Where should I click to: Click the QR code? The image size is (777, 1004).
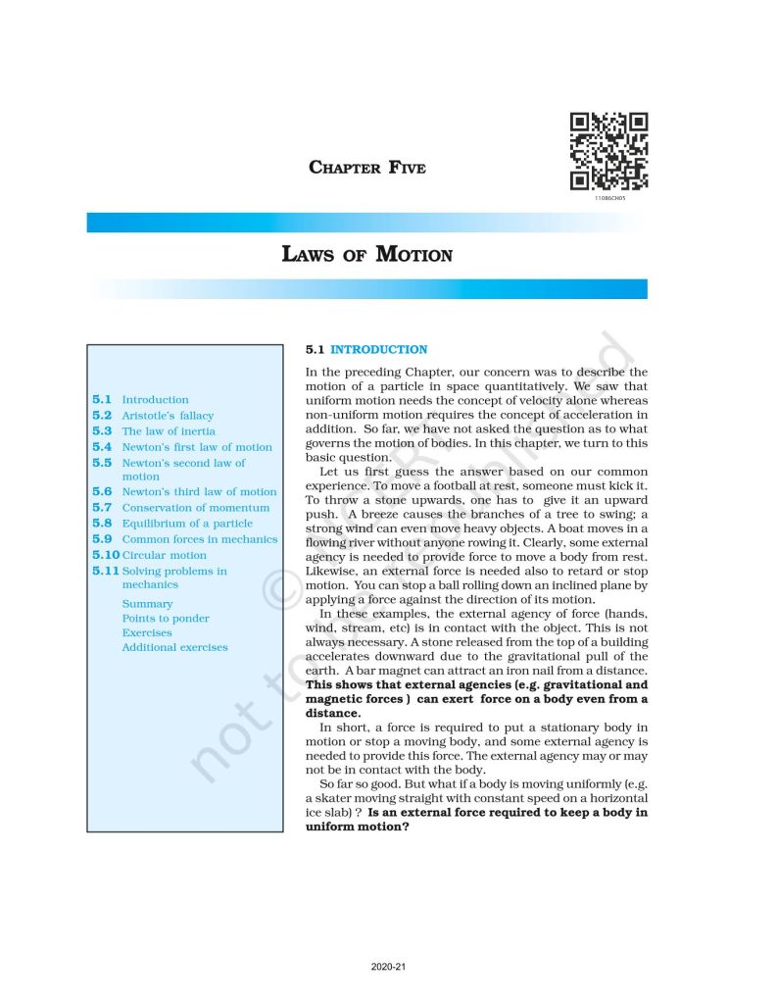point(608,152)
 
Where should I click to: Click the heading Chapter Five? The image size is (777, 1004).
point(367,168)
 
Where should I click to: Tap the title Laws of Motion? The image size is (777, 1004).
point(367,255)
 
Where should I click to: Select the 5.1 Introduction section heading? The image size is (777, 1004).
point(366,349)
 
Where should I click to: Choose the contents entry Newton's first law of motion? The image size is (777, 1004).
point(197,447)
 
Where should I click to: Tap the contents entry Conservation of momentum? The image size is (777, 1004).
point(195,508)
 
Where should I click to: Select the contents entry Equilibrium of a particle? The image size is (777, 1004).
point(187,524)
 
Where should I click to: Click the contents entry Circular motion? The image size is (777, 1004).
point(165,555)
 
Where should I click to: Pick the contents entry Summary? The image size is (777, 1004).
point(147,604)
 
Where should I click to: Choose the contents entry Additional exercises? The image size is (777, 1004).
point(174,647)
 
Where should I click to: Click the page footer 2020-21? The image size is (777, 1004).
point(388,967)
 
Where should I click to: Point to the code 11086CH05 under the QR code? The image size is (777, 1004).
point(608,198)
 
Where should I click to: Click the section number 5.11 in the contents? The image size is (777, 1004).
point(105,571)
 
